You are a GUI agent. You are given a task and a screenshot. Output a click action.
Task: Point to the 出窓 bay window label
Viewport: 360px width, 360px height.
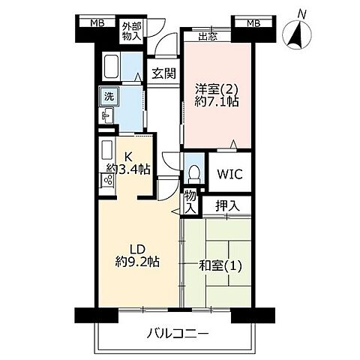208,35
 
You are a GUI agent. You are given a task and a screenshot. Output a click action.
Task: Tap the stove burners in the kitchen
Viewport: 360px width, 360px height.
106,179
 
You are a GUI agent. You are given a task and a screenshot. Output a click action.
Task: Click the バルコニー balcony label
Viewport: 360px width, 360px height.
178,334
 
